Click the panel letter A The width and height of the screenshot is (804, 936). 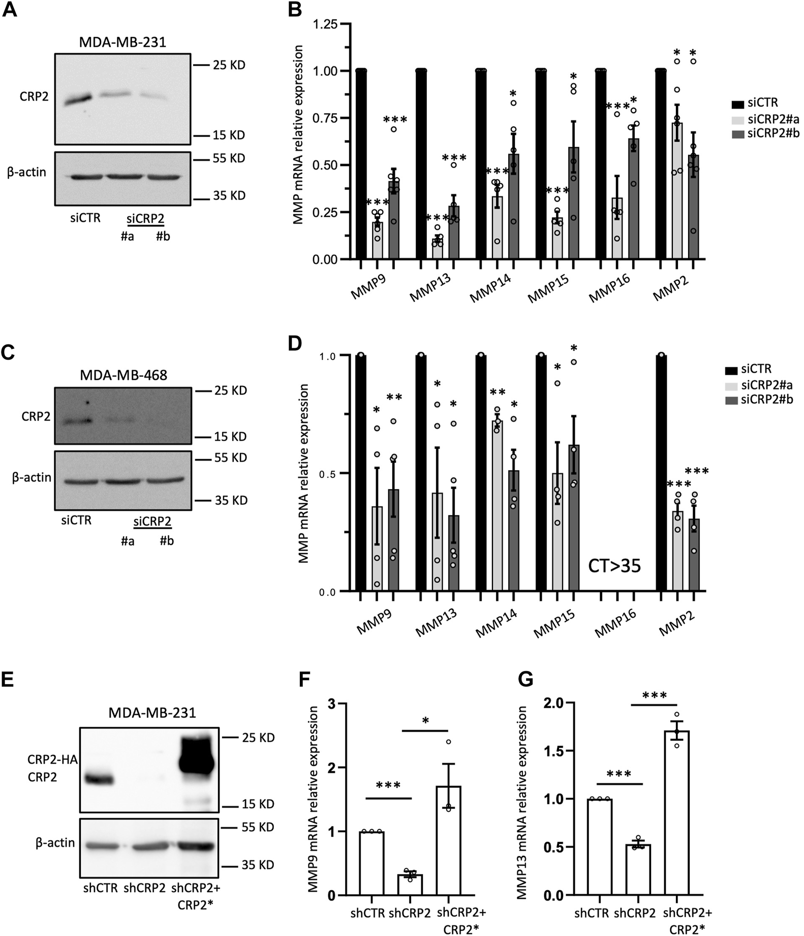click(x=10, y=10)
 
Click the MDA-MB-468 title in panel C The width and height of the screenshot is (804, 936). click(x=123, y=375)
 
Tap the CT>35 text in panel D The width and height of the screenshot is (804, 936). click(x=614, y=565)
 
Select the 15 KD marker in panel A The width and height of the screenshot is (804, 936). click(x=229, y=135)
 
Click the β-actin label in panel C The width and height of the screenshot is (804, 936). click(x=32, y=477)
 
